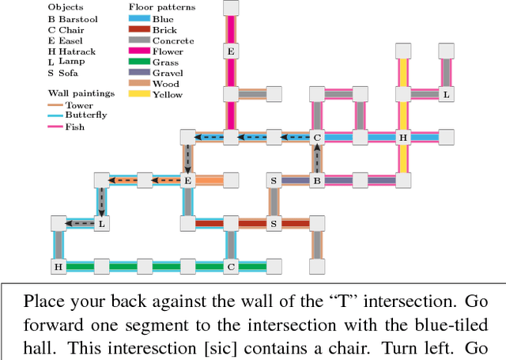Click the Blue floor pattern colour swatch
click(138, 18)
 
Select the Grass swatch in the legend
click(138, 62)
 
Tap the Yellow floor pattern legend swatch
click(138, 94)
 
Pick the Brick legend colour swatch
click(138, 29)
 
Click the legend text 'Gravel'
click(168, 73)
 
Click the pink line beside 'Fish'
click(55, 126)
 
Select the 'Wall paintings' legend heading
click(81, 93)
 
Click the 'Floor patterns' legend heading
click(161, 7)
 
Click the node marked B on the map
click(317, 180)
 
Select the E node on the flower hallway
click(231, 51)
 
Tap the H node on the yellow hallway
click(403, 138)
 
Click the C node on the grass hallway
click(231, 267)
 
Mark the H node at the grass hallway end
click(59, 267)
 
